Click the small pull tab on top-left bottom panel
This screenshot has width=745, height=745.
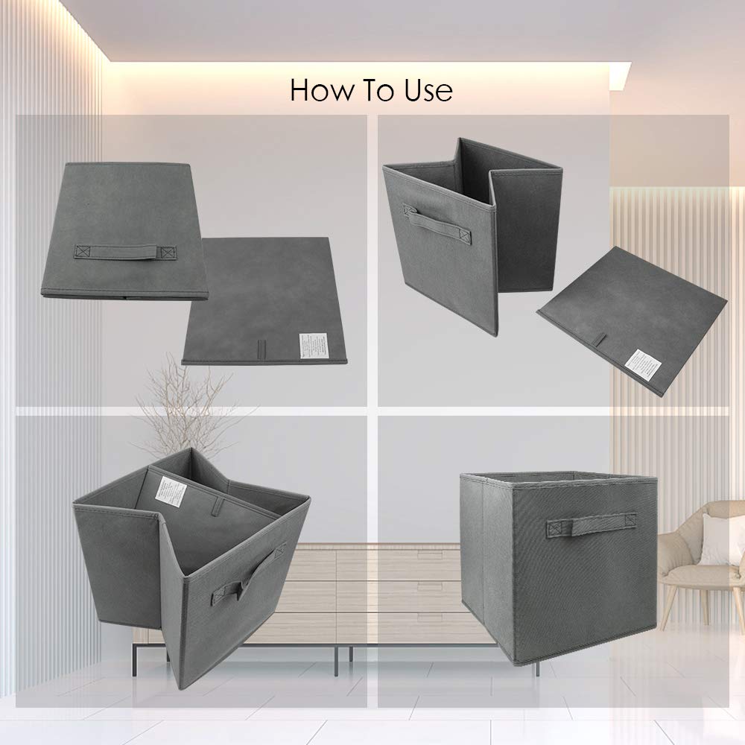[x=261, y=350]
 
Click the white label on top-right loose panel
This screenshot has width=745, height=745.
[x=642, y=363]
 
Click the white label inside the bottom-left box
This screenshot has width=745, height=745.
[x=170, y=492]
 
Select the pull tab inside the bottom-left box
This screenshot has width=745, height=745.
[x=215, y=507]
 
